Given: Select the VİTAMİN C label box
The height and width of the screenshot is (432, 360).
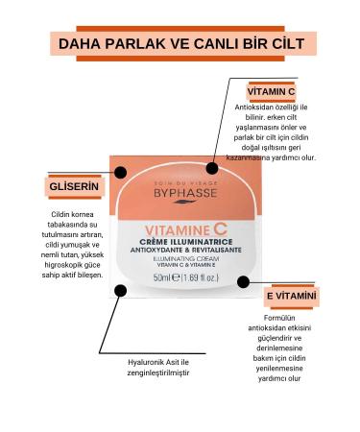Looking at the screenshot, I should (x=272, y=92).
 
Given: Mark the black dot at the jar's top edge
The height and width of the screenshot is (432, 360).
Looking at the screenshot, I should (x=212, y=167).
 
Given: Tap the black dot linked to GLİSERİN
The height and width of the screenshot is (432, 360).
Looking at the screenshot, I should (x=120, y=173).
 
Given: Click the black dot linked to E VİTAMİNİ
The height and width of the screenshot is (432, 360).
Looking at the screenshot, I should (x=243, y=282).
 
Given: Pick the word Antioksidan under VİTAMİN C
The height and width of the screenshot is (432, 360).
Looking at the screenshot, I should (x=260, y=108).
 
